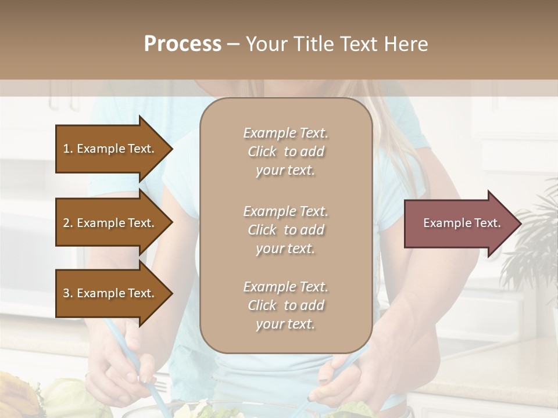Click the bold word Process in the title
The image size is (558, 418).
click(183, 44)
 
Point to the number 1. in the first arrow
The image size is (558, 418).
click(68, 149)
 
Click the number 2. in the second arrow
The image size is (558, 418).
click(68, 223)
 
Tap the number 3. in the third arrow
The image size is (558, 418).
click(68, 293)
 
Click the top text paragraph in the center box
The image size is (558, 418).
click(285, 152)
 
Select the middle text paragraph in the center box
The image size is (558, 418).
click(285, 230)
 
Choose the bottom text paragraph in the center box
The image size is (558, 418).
click(285, 305)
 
